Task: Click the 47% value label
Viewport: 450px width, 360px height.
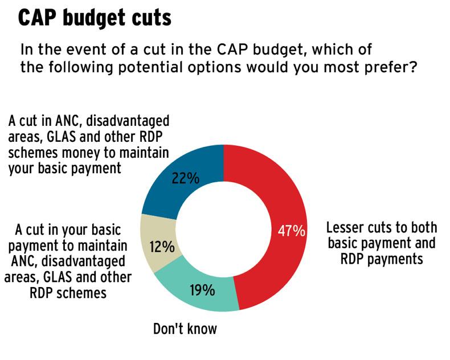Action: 291,231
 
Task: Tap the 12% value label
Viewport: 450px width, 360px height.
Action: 161,247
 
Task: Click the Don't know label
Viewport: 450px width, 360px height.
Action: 185,329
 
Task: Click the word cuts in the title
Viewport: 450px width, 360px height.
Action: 149,18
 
